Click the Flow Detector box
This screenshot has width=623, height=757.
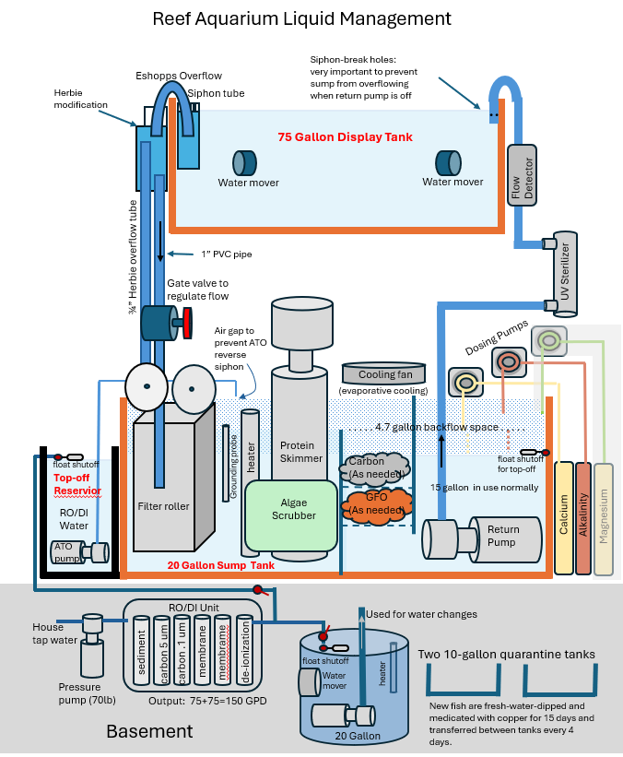pos(522,175)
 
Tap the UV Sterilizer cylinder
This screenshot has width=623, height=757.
pos(565,274)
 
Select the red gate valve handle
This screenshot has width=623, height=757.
pos(187,323)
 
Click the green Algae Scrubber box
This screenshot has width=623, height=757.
pos(291,515)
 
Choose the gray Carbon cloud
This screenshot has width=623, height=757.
pos(375,467)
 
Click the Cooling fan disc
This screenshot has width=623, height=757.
pos(384,373)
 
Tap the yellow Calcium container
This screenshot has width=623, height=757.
pos(564,518)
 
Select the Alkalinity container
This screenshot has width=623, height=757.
pos(583,518)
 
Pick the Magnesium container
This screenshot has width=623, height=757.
pos(604,519)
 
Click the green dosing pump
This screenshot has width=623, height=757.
pos(548,341)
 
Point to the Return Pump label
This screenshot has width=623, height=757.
pos(503,536)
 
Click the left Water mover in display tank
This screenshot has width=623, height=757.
pos(244,163)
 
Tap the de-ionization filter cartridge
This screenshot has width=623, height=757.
pos(244,650)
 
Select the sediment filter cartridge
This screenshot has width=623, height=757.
pos(141,650)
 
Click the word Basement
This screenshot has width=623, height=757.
pos(149,731)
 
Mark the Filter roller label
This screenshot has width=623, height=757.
pos(163,506)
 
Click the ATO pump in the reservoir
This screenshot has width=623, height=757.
pos(80,552)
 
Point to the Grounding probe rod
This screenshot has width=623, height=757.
pos(226,464)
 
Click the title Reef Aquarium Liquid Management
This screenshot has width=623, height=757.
pos(301,18)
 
